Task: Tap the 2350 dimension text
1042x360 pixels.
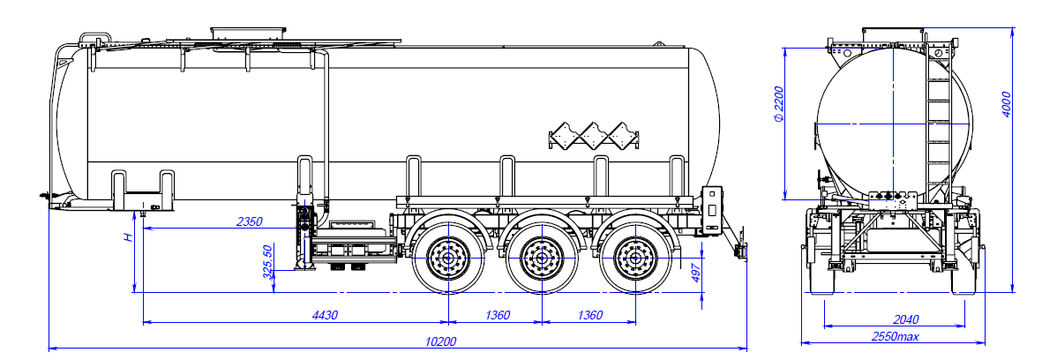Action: (x=250, y=221)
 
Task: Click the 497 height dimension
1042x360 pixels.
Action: (x=695, y=274)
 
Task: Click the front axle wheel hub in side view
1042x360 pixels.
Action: (x=449, y=259)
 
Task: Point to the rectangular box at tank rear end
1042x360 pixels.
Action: (x=712, y=208)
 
